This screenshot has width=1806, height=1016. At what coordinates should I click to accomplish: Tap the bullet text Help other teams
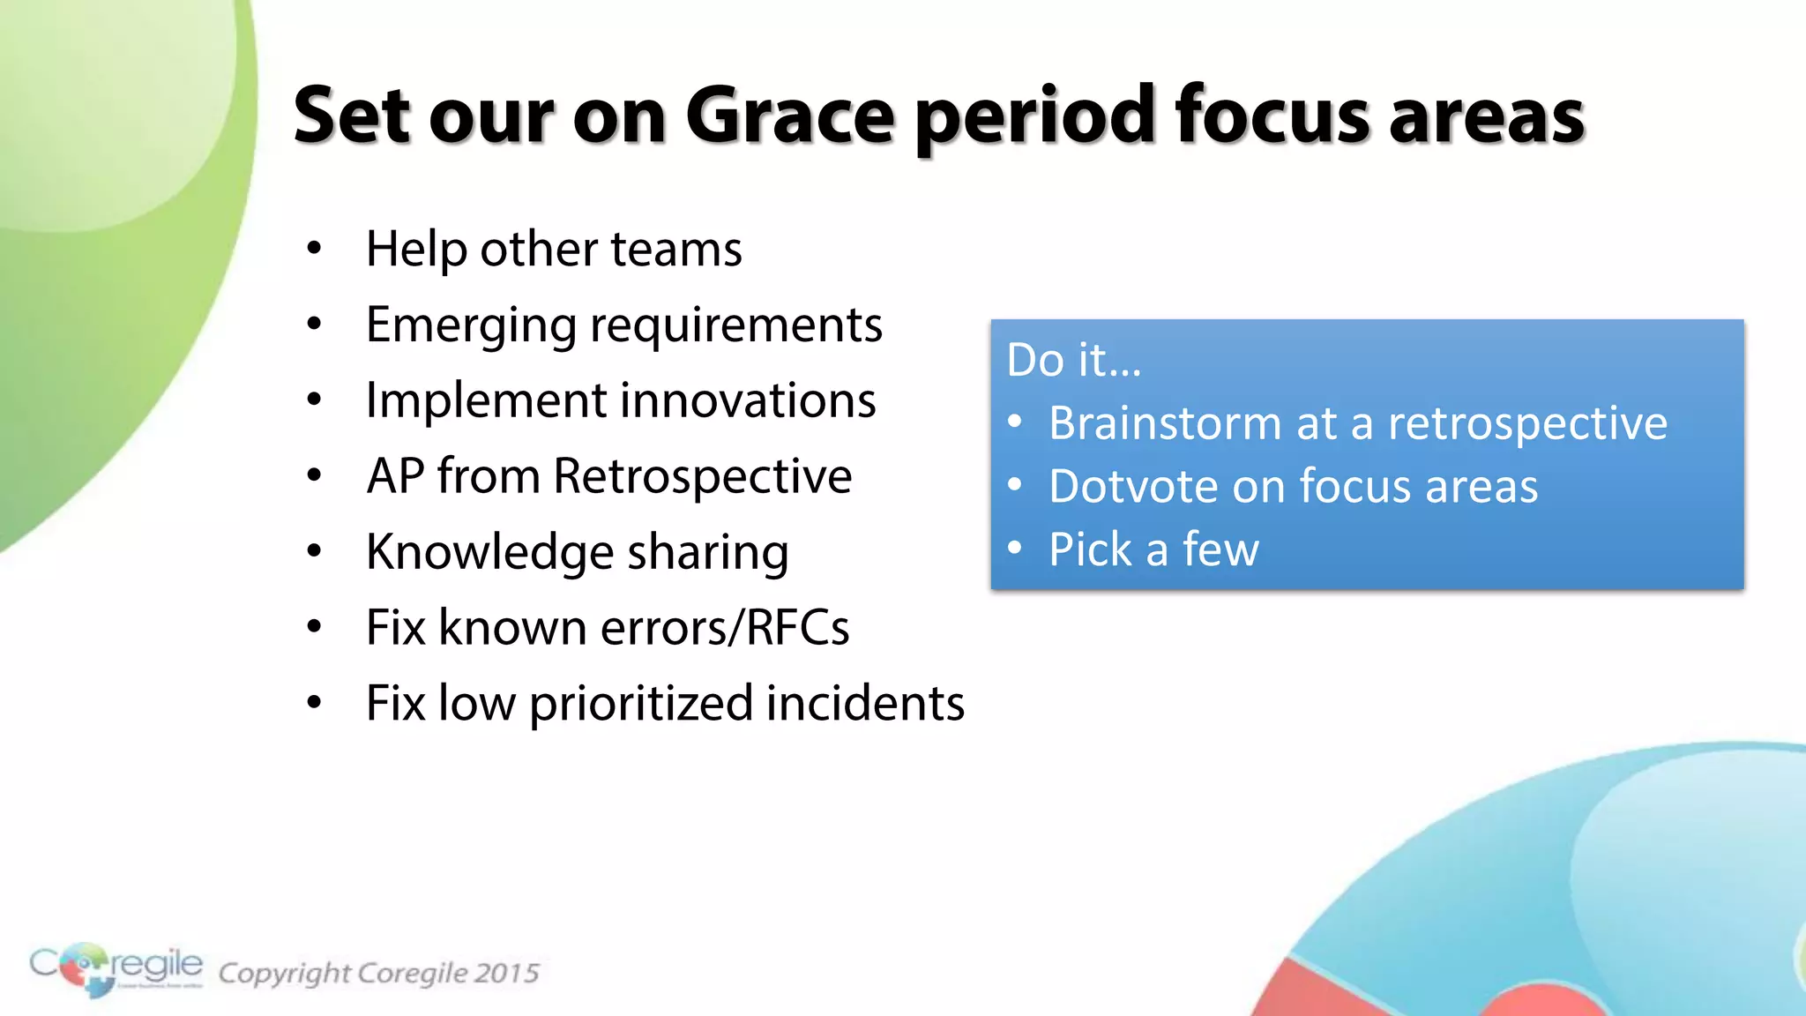click(554, 249)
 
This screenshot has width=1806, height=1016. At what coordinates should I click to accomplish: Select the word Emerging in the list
click(471, 325)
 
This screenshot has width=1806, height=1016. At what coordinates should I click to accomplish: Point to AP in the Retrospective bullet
click(395, 476)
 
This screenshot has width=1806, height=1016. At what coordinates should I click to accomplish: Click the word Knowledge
click(489, 553)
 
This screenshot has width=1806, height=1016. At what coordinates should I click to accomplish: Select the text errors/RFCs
click(725, 628)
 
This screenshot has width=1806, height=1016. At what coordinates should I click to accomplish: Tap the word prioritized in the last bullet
click(641, 704)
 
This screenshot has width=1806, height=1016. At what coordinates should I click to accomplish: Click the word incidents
click(865, 704)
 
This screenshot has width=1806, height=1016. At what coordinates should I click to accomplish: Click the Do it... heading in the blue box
click(1073, 360)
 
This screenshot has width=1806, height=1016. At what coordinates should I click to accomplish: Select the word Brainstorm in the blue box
click(1164, 423)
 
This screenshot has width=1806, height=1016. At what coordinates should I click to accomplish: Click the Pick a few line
click(1153, 549)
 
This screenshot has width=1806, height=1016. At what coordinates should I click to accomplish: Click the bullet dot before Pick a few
click(1015, 549)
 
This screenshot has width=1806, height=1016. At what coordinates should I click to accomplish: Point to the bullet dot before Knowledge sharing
click(314, 552)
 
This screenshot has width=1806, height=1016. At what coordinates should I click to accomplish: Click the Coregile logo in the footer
click(116, 968)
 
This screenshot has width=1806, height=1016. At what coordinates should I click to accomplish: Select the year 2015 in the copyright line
click(506, 973)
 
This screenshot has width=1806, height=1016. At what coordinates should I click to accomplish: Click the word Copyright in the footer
click(284, 974)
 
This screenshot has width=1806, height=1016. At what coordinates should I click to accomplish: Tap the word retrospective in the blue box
click(1527, 423)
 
